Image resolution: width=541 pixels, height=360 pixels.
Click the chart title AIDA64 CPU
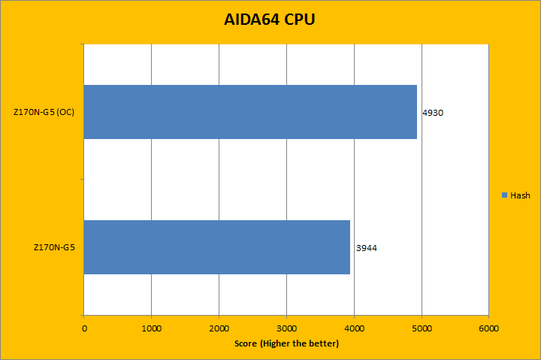click(269, 20)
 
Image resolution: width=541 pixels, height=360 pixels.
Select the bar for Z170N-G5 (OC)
click(250, 111)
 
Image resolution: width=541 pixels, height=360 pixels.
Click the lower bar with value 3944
click(216, 247)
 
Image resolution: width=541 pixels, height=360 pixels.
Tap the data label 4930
click(434, 113)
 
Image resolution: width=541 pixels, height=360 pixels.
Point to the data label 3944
click(366, 247)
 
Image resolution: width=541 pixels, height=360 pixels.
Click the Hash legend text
click(520, 195)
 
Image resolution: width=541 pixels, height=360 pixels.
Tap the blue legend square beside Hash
click(504, 195)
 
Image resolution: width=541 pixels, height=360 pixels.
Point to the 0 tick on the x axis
click(84, 328)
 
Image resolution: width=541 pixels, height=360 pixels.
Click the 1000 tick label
click(152, 328)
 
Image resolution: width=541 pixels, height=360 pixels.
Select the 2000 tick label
click(219, 328)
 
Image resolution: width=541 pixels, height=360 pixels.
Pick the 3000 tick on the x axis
click(287, 328)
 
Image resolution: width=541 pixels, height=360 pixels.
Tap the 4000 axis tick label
click(354, 328)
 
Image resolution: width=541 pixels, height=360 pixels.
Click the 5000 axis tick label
click(422, 328)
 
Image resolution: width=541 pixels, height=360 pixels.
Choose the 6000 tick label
click(489, 328)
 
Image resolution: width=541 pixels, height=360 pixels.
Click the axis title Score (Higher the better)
click(286, 343)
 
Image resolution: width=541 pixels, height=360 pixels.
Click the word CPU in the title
click(299, 20)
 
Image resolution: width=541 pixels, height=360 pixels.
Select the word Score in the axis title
click(245, 343)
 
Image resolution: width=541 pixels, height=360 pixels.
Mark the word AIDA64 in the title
click(252, 20)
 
